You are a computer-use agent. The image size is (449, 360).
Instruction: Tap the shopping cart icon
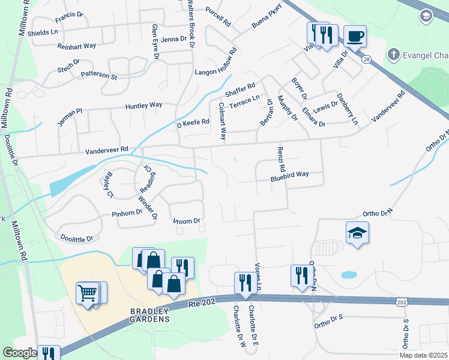[88, 293]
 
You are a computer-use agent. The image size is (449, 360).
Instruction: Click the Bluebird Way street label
[289, 175]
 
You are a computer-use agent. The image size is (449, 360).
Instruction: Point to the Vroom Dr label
[187, 221]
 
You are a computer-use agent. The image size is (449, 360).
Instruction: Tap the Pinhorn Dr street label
[126, 212]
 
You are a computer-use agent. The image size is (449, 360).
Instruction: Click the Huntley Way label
[143, 106]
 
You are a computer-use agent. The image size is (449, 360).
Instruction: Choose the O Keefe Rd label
[192, 122]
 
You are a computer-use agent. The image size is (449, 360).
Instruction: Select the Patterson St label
[99, 76]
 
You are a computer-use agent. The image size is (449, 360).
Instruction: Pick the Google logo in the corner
[20, 353]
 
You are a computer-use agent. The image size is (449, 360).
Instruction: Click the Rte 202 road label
[200, 304]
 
